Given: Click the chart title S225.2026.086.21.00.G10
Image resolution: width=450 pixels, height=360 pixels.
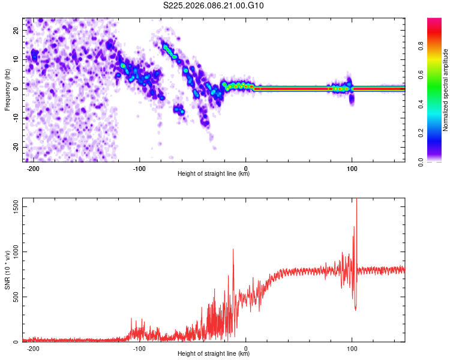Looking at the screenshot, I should tap(214, 6).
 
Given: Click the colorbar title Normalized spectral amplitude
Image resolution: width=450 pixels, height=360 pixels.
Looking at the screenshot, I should tap(446, 90).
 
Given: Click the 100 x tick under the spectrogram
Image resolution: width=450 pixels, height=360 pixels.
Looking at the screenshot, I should tap(352, 169).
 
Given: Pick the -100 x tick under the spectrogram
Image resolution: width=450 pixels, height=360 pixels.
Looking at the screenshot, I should tap(139, 169).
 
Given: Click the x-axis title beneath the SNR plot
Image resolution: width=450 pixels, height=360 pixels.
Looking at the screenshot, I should tap(214, 354).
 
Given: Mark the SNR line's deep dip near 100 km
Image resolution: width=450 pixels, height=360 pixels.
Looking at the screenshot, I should tap(356, 310).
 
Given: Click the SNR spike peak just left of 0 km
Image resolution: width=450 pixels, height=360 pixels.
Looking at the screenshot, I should tap(233, 250).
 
